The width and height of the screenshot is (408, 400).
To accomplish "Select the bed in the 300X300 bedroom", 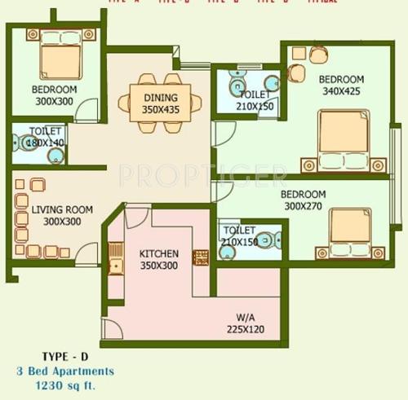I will pos(55,59).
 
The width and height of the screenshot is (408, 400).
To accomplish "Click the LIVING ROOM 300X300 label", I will pos(62,215).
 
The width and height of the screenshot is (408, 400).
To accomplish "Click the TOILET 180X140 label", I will pos(45,135).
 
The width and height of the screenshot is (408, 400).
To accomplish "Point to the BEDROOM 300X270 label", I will pos(303,200).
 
